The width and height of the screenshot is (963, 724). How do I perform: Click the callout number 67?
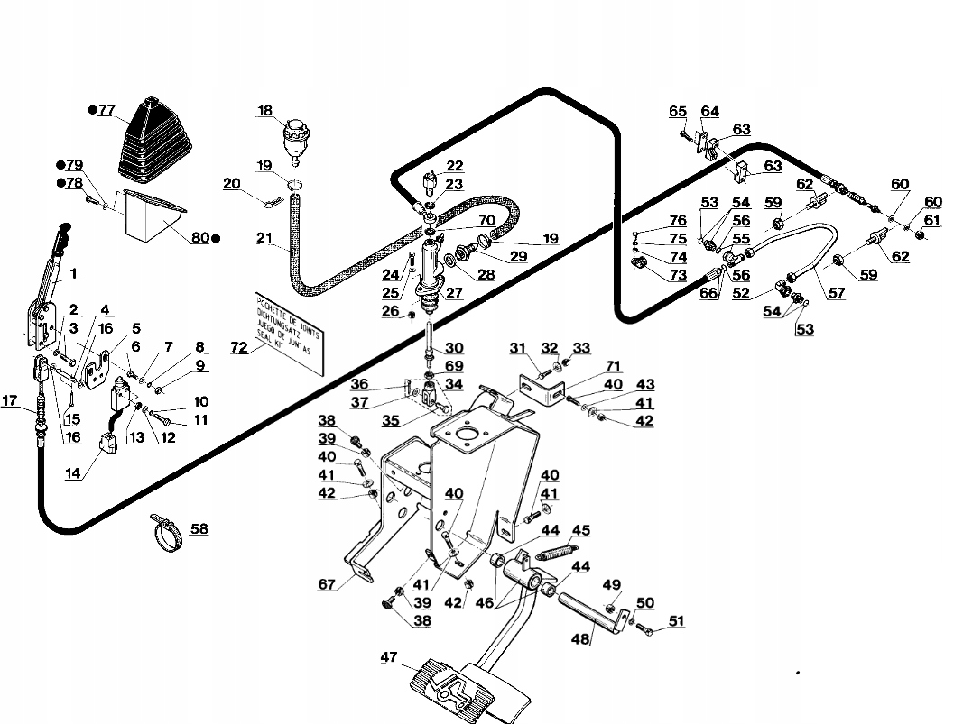(328, 584)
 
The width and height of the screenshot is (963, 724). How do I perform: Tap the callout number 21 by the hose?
(264, 237)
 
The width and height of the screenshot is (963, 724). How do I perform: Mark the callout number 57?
(838, 293)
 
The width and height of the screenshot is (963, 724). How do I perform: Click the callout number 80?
(199, 238)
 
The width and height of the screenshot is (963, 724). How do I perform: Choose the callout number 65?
(678, 112)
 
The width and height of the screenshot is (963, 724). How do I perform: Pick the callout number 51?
(676, 620)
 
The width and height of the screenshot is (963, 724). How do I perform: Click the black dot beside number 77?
(92, 110)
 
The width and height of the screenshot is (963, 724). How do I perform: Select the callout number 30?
(454, 348)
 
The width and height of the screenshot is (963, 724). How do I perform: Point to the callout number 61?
(931, 220)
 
